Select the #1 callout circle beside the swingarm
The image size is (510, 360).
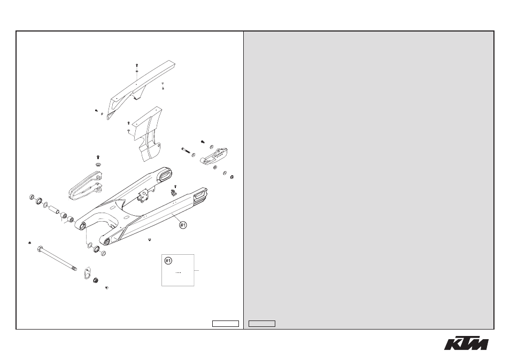183,225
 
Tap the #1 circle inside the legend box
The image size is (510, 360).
168,261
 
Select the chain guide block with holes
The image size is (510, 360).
214,156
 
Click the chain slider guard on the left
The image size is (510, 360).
85,186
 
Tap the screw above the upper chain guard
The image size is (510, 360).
137,65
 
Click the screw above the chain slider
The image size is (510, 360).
98,158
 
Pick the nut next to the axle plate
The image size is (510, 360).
96,280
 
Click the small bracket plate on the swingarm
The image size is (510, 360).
143,197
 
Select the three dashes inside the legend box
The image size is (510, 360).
178,272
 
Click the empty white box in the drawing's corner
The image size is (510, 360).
226,324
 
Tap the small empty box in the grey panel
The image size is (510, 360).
262,324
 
